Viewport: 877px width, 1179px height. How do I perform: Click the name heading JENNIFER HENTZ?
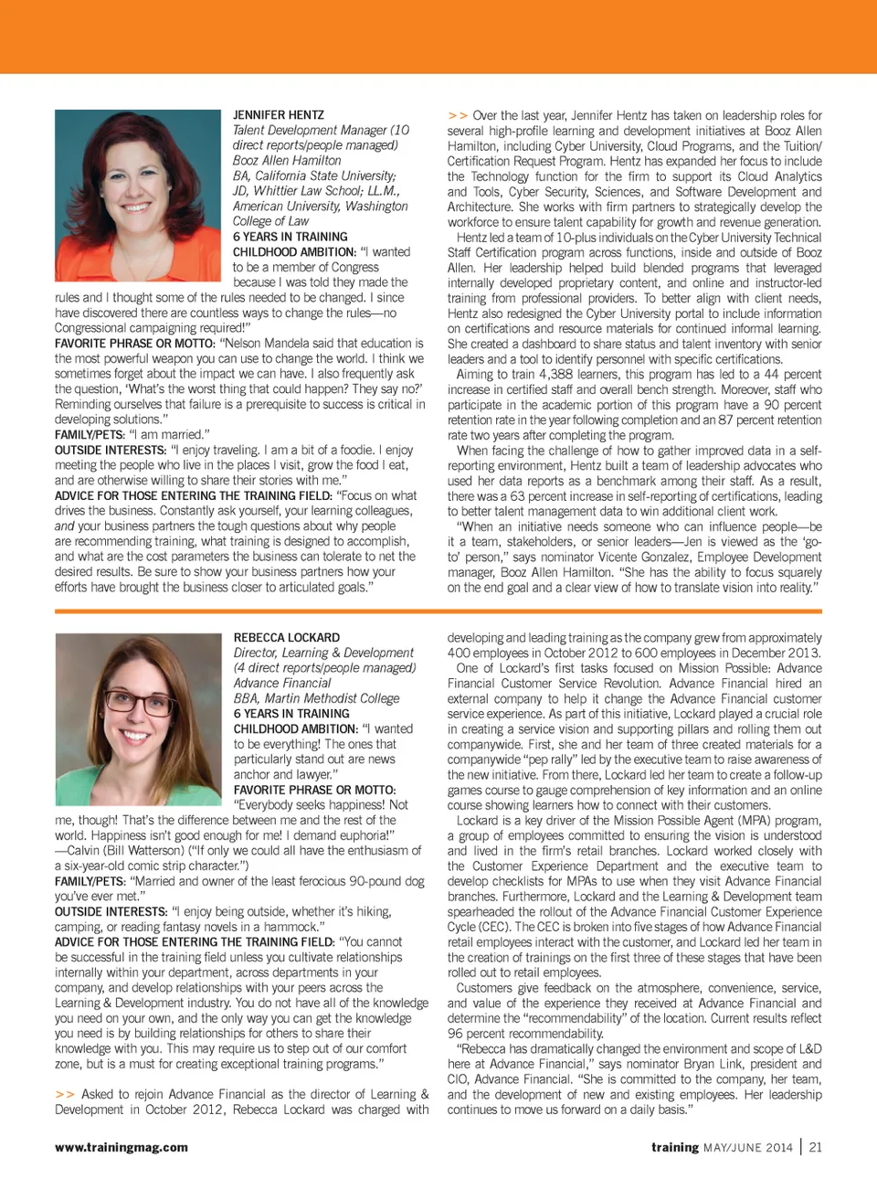click(278, 115)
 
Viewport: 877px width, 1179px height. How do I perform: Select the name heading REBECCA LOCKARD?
click(286, 637)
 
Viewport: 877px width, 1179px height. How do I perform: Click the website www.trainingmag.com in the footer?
click(122, 1147)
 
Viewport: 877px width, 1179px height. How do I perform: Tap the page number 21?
click(816, 1147)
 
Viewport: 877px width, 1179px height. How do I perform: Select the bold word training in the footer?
click(675, 1147)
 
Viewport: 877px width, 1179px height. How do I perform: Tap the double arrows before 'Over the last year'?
click(458, 116)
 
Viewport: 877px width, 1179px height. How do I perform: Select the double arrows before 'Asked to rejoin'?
click(65, 1094)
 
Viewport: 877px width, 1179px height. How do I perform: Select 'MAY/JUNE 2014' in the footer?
click(747, 1147)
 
